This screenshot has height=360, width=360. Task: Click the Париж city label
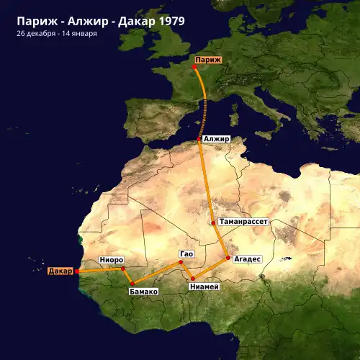[x=208, y=60]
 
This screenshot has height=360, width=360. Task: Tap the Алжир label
[x=216, y=138]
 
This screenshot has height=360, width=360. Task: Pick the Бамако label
[x=143, y=292]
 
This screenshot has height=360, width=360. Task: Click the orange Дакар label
[x=60, y=271]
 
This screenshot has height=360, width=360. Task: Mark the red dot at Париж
[x=194, y=68]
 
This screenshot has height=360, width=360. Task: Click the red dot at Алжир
[x=199, y=139]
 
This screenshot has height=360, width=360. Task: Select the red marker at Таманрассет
[x=213, y=222]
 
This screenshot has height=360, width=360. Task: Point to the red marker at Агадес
[x=228, y=257]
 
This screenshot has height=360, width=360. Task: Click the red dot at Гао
[x=181, y=264]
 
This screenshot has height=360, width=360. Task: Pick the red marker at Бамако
[x=132, y=283]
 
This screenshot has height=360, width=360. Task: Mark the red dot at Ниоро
[x=123, y=268]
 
